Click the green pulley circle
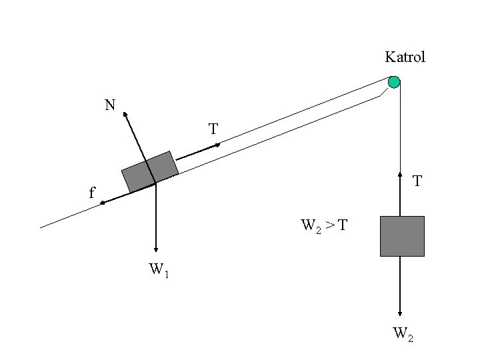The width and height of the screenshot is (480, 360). pyautogui.click(x=394, y=83)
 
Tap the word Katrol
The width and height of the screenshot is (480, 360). pyautogui.click(x=405, y=57)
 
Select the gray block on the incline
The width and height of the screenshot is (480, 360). pyautogui.click(x=150, y=171)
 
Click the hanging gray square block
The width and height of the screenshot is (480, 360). pyautogui.click(x=402, y=236)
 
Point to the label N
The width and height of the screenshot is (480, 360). pyautogui.click(x=109, y=105)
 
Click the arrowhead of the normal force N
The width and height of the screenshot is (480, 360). pyautogui.click(x=125, y=113)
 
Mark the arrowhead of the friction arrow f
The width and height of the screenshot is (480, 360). pyautogui.click(x=103, y=202)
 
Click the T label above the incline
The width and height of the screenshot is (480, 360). pyautogui.click(x=213, y=129)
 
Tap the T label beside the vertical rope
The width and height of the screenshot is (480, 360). pyautogui.click(x=417, y=181)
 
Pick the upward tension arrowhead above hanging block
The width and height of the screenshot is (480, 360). pyautogui.click(x=400, y=177)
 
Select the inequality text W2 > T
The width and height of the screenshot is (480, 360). pyautogui.click(x=323, y=226)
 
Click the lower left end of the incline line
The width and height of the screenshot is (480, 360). pyautogui.click(x=41, y=227)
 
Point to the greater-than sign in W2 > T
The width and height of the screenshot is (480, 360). pyautogui.click(x=329, y=225)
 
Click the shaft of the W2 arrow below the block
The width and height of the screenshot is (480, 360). pyautogui.click(x=400, y=283)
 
